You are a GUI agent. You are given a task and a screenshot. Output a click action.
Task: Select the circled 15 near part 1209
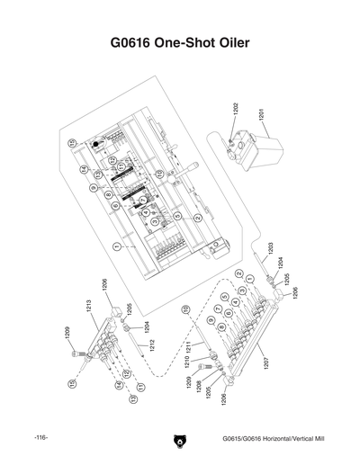coord(71,383)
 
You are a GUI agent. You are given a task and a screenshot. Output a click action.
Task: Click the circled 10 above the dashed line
coord(185,309)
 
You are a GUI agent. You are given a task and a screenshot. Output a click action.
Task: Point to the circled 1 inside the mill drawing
coord(117,244)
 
